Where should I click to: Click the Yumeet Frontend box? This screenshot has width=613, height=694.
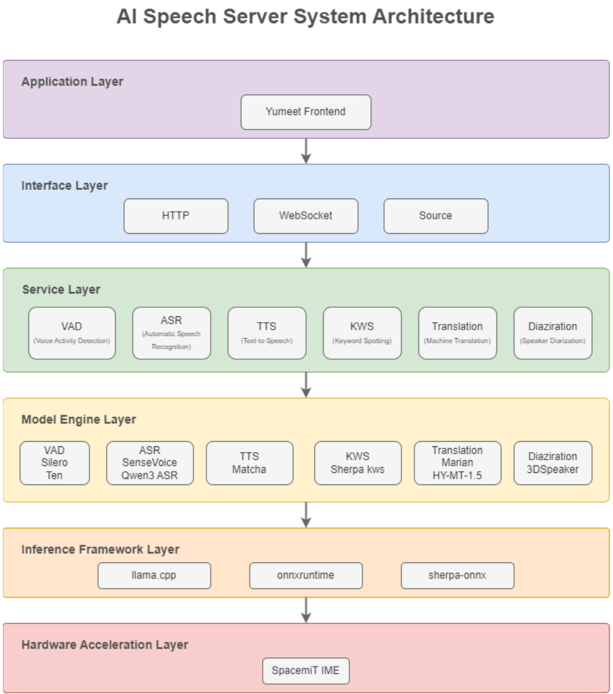point(306,112)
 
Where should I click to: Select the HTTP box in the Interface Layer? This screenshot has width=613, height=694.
point(176,216)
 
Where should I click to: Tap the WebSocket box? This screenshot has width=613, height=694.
point(306,216)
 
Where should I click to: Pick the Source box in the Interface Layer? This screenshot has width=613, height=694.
point(436,216)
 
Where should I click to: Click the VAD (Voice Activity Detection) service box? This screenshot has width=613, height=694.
point(72,333)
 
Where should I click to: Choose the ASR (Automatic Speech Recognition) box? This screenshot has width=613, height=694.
point(172,333)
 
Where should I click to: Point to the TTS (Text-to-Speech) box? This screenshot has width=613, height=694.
point(267,333)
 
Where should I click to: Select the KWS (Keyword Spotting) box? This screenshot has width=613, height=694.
point(362,333)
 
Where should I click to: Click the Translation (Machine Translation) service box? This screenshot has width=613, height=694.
point(458,333)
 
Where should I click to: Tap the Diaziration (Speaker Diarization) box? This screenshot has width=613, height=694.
point(553,333)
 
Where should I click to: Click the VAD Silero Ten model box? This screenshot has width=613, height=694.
point(54,463)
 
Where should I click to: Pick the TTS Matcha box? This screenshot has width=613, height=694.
point(250,463)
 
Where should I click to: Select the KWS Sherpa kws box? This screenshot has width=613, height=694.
point(358,463)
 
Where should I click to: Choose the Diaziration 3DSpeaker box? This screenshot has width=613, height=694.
point(553,463)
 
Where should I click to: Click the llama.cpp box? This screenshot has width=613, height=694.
point(154,576)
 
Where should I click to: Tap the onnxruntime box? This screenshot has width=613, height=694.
point(306,576)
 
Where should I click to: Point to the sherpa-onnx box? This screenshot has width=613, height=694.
point(458,576)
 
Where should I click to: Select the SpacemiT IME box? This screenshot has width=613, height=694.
point(306,671)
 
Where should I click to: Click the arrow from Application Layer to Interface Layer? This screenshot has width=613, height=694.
point(306,151)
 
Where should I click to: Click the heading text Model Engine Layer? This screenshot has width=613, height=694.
point(79,420)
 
